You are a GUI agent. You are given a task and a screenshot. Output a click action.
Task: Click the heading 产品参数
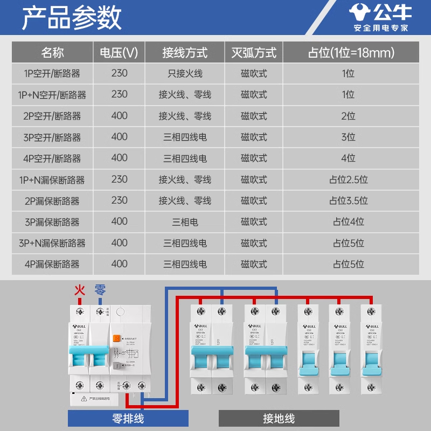click(71, 18)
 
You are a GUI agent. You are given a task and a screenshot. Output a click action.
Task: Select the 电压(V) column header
click(119, 53)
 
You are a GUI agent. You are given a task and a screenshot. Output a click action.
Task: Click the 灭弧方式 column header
click(254, 53)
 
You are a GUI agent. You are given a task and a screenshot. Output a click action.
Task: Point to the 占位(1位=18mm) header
click(351, 53)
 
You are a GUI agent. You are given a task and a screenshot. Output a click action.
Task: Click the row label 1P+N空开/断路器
click(52, 95)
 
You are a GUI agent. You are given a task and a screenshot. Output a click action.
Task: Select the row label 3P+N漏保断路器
click(52, 243)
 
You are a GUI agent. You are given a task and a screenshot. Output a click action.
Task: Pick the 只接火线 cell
click(185, 73)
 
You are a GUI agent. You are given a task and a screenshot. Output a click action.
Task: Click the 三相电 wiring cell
click(185, 221)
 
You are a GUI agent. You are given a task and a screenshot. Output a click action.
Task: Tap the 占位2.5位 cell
click(349, 179)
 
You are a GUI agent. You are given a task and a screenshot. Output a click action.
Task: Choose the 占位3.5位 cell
click(349, 200)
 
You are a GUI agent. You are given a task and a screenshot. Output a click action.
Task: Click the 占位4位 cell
click(349, 221)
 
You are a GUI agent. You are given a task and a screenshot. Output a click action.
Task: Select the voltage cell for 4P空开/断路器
click(119, 158)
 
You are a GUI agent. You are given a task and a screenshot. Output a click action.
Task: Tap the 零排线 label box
click(128, 418)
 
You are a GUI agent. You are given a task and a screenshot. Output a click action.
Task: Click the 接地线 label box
click(279, 418)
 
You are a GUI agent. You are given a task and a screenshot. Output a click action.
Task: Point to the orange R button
click(116, 340)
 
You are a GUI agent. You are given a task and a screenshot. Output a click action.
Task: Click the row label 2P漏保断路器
click(52, 200)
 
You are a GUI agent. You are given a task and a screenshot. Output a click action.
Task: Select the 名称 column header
click(52, 53)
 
